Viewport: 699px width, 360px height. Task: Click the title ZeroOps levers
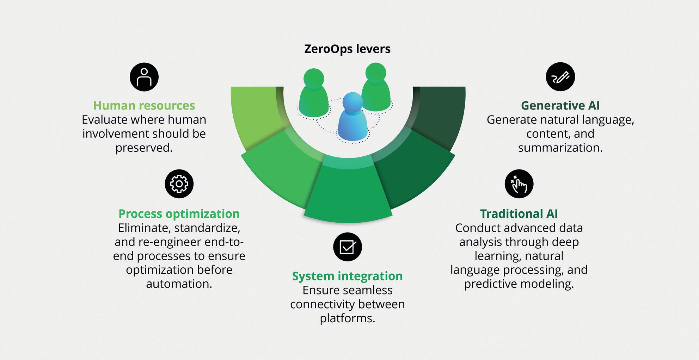pyautogui.click(x=347, y=49)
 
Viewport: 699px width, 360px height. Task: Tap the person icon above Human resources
pyautogui.click(x=144, y=77)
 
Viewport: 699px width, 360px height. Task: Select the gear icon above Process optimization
pyautogui.click(x=179, y=184)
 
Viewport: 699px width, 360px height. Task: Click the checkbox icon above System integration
pyautogui.click(x=348, y=247)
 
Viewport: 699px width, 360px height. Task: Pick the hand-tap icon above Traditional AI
pyautogui.click(x=519, y=184)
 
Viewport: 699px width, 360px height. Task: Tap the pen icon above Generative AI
pyautogui.click(x=560, y=77)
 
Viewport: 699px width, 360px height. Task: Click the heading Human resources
pyautogui.click(x=144, y=105)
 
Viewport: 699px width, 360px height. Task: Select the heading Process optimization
pyautogui.click(x=179, y=214)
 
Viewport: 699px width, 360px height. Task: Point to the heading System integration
pyautogui.click(x=347, y=276)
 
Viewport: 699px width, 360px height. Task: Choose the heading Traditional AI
pyautogui.click(x=519, y=214)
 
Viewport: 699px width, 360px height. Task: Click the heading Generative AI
pyautogui.click(x=560, y=105)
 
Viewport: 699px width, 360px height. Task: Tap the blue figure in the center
pyautogui.click(x=352, y=118)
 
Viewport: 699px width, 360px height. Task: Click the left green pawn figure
pyautogui.click(x=313, y=93)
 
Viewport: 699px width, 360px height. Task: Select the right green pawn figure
pyautogui.click(x=376, y=88)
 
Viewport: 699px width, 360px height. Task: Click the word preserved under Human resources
pyautogui.click(x=144, y=148)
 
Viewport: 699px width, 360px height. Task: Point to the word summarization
pyautogui.click(x=560, y=148)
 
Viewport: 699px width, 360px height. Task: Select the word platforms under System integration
pyautogui.click(x=347, y=318)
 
